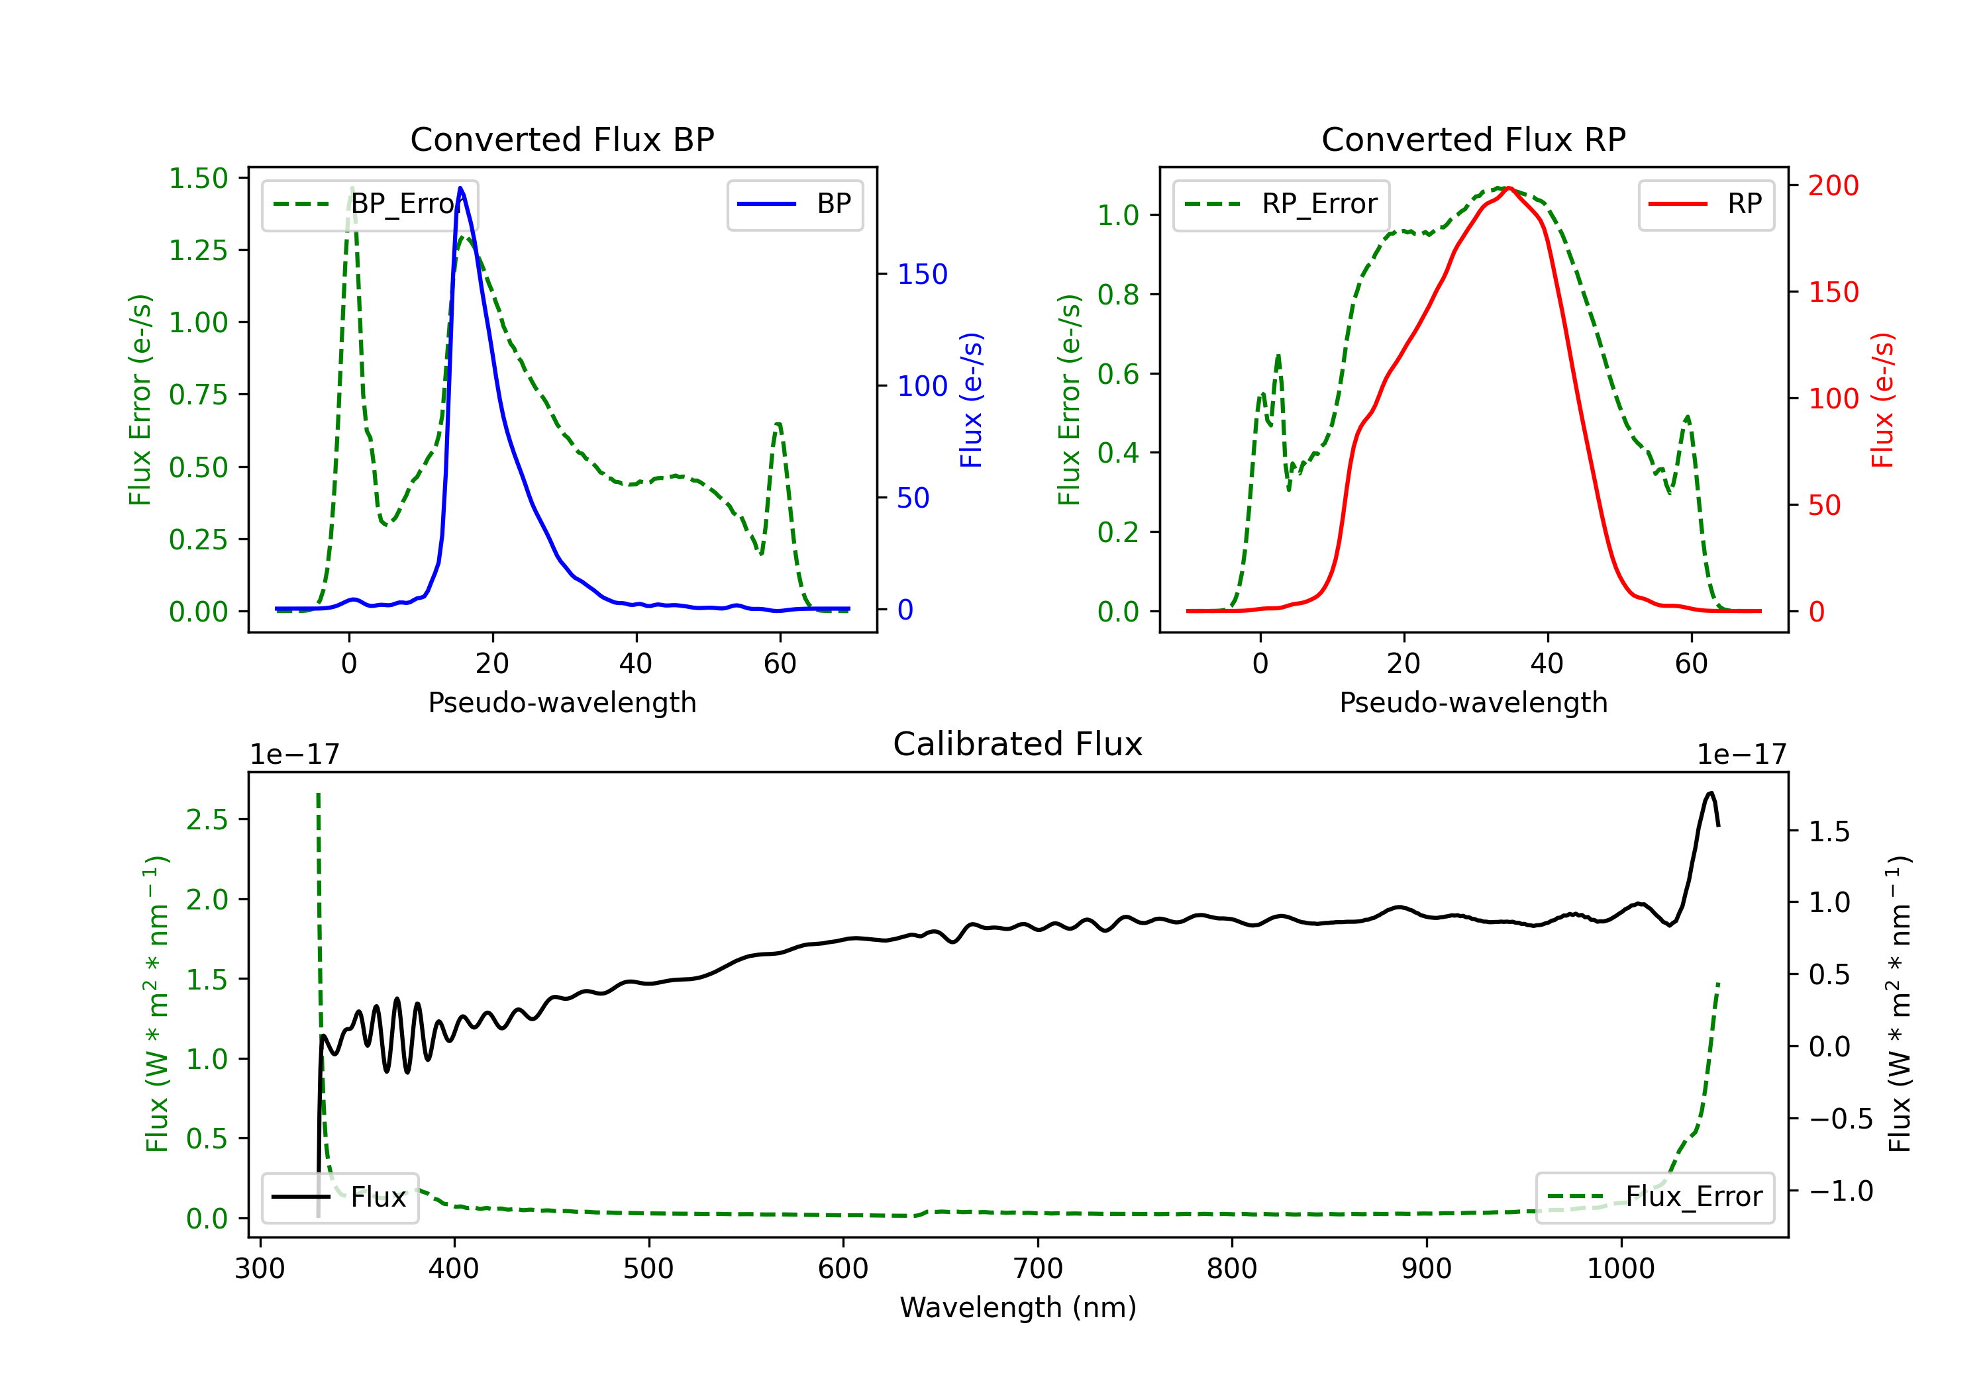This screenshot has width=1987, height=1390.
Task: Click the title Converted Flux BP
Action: [x=562, y=139]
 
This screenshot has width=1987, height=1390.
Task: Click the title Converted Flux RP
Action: [x=1473, y=139]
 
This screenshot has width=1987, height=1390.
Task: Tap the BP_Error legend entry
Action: [x=370, y=204]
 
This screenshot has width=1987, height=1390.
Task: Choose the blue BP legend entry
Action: [x=794, y=204]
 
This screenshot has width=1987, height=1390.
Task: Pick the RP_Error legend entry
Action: [x=1281, y=204]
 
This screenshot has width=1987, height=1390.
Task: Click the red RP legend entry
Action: [x=1706, y=204]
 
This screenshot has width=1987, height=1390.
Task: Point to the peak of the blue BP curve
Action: [x=460, y=188]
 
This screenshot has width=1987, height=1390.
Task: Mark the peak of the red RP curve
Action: [x=1508, y=188]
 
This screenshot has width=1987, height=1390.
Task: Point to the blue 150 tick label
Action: [x=922, y=274]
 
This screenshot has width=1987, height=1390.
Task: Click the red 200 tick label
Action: [x=1833, y=185]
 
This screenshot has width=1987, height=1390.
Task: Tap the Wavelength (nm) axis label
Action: [x=1018, y=1307]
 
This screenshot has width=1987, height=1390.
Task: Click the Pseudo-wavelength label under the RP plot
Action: [x=1473, y=702]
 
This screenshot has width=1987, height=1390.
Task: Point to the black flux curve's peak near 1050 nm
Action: [x=1710, y=792]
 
